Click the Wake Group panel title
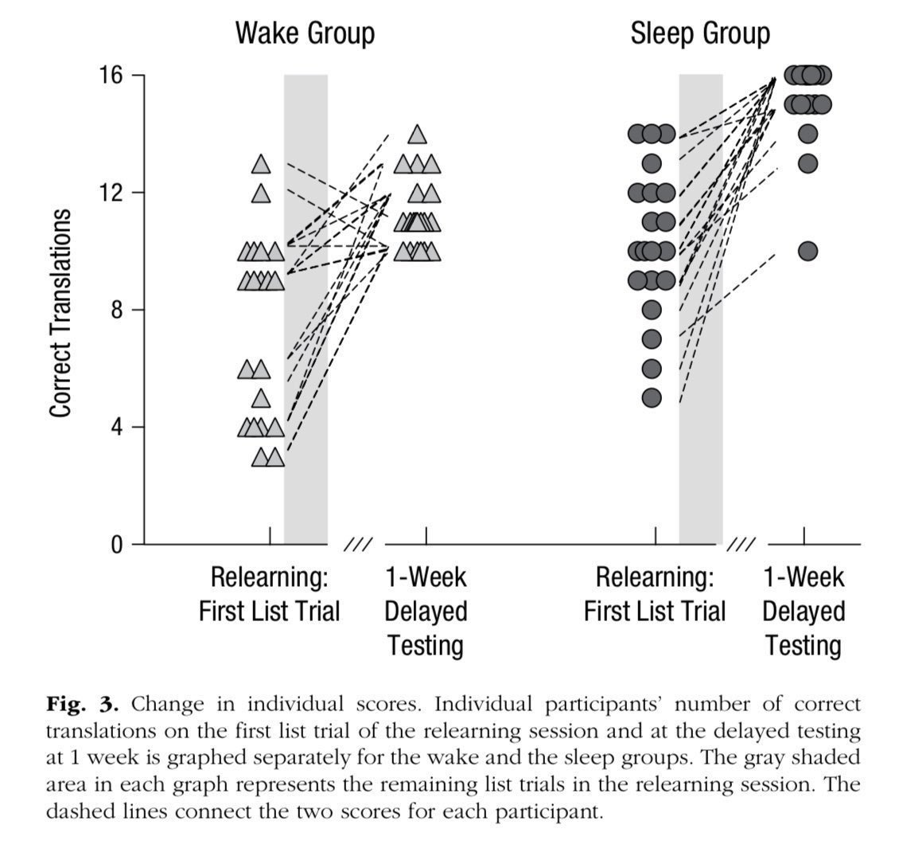click(305, 34)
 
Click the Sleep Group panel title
click(700, 34)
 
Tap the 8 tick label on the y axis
click(116, 310)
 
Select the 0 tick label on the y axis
click(116, 545)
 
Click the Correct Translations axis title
click(61, 313)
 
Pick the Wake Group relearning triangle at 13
click(261, 164)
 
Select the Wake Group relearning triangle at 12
click(261, 193)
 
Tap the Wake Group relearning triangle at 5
click(261, 398)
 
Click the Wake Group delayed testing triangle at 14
click(417, 135)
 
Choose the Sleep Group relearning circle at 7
click(652, 339)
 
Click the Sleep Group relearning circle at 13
click(652, 164)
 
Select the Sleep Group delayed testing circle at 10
click(808, 252)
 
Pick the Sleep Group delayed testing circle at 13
click(808, 164)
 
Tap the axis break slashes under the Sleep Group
click(741, 545)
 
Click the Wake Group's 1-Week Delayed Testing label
click(426, 611)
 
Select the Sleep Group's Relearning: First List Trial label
click(654, 594)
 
